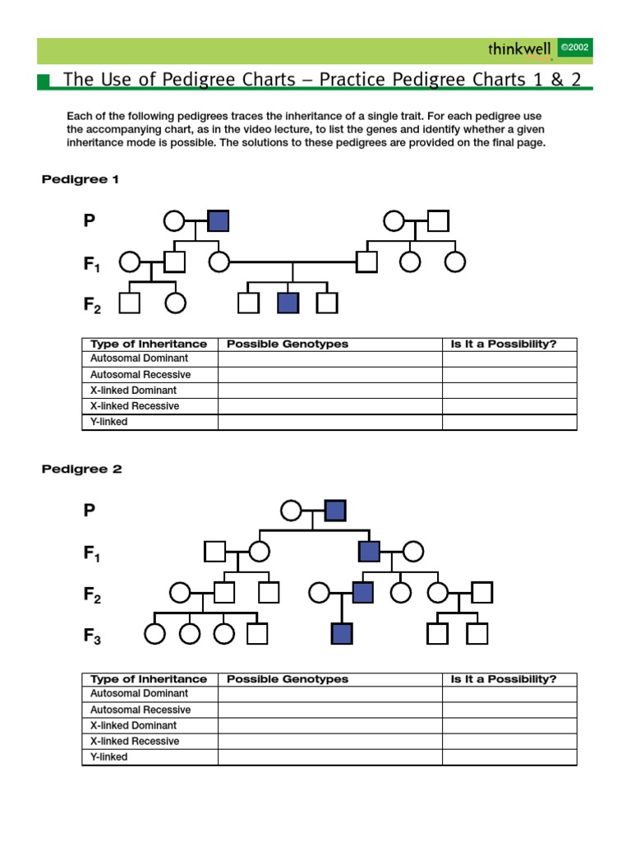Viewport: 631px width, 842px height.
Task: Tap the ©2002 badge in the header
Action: [x=574, y=49]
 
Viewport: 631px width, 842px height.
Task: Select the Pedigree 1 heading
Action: [x=81, y=179]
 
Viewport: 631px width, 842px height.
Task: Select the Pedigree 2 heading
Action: [x=81, y=470]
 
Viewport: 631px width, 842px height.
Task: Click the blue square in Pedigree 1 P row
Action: [x=219, y=221]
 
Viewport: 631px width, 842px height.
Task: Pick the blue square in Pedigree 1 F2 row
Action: [x=288, y=303]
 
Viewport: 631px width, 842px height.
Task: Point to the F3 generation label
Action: [x=92, y=636]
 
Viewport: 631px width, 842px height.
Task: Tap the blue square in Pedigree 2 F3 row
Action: [x=342, y=634]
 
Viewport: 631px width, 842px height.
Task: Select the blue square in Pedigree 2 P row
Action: [x=335, y=511]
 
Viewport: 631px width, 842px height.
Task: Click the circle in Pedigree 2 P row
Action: [x=291, y=511]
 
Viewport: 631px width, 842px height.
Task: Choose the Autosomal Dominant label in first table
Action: [x=139, y=359]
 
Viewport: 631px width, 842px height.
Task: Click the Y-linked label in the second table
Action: [x=108, y=756]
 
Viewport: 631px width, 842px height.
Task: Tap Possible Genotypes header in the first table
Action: [x=287, y=344]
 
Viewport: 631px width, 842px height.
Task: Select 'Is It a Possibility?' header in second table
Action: [x=503, y=679]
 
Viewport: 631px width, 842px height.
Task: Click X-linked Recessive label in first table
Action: [x=134, y=406]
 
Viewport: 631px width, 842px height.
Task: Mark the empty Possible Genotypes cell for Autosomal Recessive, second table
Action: [x=329, y=710]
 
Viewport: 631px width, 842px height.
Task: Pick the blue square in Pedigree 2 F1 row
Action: [x=370, y=551]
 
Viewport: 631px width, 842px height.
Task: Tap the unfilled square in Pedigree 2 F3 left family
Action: [x=258, y=634]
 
